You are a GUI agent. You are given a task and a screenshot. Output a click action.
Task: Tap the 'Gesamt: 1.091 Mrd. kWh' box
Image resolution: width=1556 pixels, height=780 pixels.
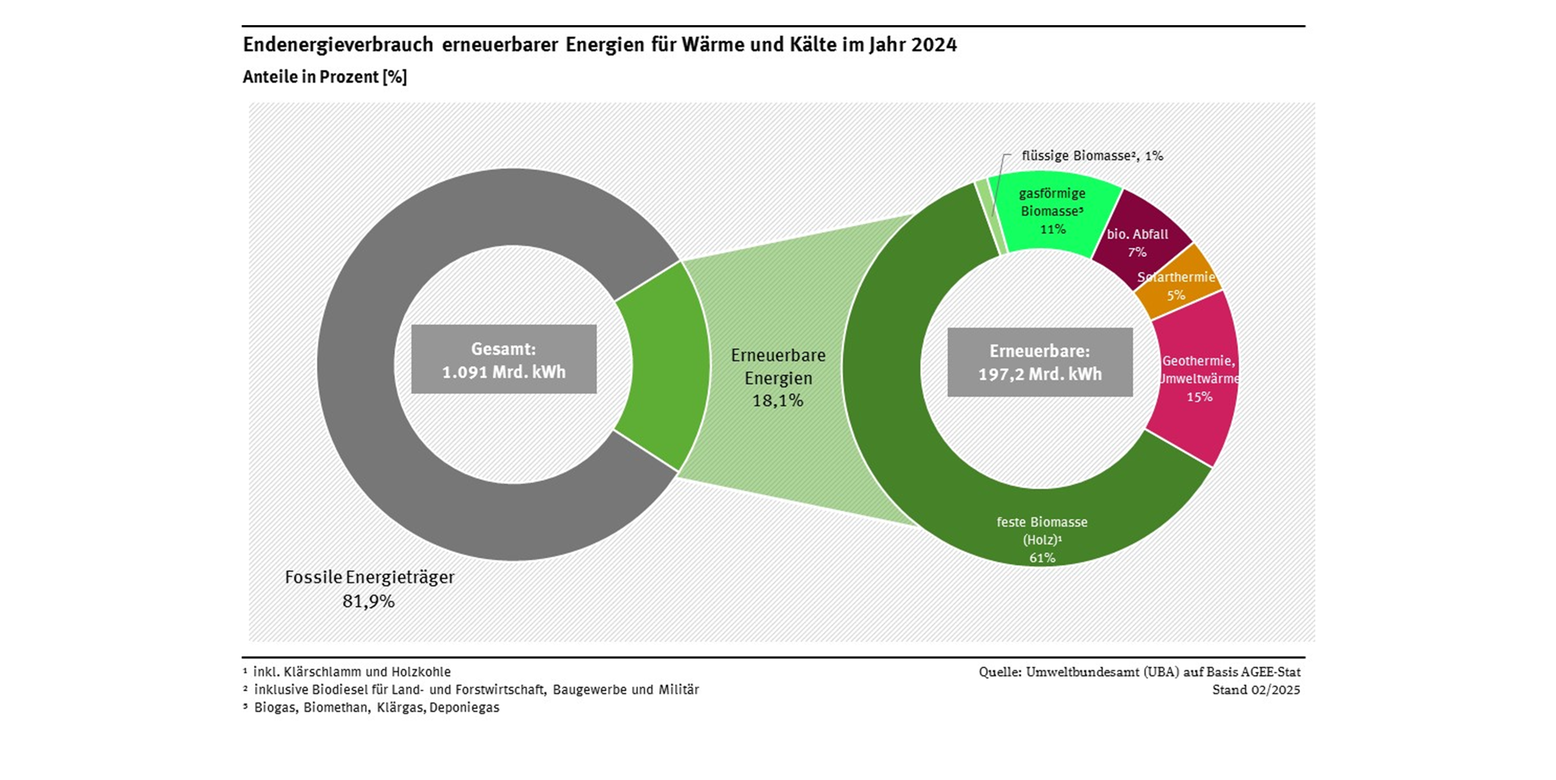click(504, 360)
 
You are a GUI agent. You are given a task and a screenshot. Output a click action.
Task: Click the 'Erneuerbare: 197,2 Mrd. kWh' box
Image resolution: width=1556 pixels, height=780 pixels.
click(1039, 363)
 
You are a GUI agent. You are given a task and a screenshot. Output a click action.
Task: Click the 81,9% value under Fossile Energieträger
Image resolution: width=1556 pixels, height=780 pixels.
click(369, 601)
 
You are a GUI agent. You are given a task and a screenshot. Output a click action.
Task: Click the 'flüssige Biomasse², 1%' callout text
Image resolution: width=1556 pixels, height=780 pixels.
click(1092, 156)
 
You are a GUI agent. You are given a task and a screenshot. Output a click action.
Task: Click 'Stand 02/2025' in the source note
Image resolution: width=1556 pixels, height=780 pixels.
click(1256, 690)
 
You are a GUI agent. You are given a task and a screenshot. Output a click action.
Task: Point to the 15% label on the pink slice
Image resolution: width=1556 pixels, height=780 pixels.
click(1199, 397)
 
